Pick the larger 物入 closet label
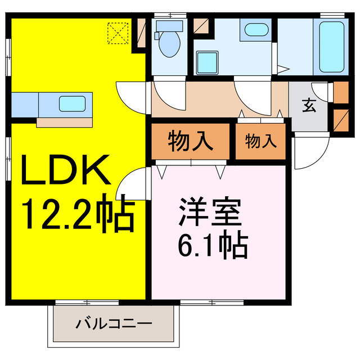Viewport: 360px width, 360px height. point(191,141)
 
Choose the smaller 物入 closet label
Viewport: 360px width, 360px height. point(261,141)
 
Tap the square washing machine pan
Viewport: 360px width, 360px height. point(208,61)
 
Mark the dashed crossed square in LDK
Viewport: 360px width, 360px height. point(119,32)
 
